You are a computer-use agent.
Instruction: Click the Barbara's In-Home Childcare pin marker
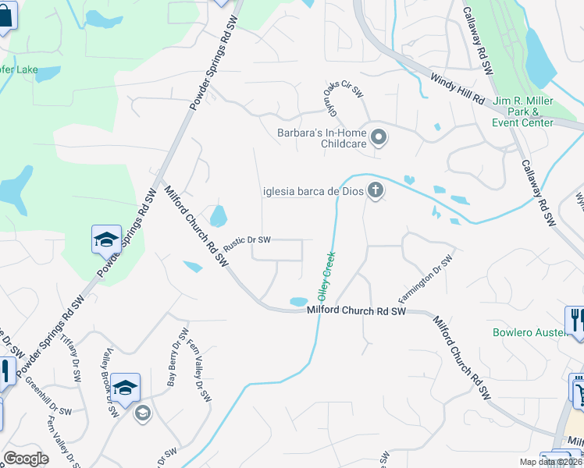tap(379, 138)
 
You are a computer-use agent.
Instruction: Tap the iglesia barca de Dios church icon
tap(376, 190)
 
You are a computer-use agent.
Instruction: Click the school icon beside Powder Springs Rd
tap(106, 239)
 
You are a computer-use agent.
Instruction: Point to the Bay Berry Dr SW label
tap(174, 363)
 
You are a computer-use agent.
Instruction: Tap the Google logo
tap(26, 459)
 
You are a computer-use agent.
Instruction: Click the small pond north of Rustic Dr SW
tap(219, 216)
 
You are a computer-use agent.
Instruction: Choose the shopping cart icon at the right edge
tap(578, 390)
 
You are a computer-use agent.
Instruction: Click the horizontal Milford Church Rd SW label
tap(356, 311)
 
